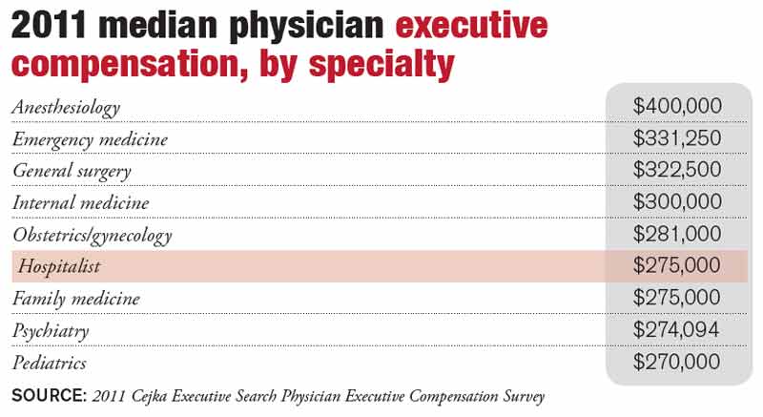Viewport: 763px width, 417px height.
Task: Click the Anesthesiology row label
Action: coord(66,107)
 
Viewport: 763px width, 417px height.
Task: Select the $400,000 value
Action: coord(677,106)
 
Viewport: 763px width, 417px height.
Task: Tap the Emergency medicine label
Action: coord(90,139)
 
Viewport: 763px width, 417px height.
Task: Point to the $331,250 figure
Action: coord(677,138)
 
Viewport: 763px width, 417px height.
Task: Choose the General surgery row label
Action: coord(72,172)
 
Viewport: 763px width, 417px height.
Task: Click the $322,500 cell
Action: coord(677,170)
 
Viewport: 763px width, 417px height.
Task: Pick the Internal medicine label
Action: coord(81,203)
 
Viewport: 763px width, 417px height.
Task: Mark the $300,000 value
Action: coord(677,202)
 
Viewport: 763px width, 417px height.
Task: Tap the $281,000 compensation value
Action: coord(677,234)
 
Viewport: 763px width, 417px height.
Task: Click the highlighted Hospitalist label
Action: coord(59,267)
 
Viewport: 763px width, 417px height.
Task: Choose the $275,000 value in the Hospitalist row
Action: coord(677,266)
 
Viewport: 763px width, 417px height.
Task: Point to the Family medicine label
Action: coord(76,299)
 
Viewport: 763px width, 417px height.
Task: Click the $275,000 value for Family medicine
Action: coord(677,299)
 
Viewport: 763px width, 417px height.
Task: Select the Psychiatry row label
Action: coord(51,331)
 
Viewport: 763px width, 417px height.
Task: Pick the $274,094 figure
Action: coord(677,330)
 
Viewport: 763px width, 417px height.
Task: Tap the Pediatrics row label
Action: coord(50,364)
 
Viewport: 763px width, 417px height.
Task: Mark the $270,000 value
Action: coord(677,363)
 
